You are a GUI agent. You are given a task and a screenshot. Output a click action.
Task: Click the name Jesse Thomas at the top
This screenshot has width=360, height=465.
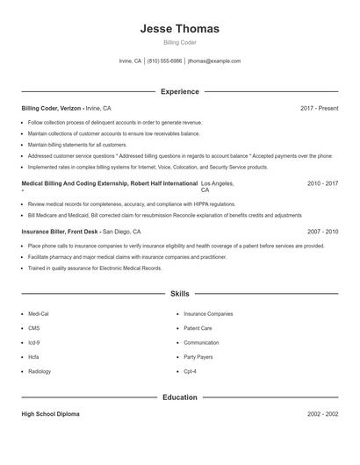179,29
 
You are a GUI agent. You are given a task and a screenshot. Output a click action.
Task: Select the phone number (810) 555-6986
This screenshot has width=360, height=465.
165,61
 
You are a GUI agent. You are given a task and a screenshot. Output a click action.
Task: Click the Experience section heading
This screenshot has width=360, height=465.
179,91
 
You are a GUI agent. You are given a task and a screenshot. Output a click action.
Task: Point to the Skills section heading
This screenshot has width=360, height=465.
179,294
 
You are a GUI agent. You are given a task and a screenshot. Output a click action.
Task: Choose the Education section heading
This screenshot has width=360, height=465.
179,397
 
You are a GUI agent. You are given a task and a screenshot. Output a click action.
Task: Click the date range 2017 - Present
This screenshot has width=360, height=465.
319,108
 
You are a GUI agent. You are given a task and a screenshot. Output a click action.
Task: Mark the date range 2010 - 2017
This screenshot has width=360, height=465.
322,183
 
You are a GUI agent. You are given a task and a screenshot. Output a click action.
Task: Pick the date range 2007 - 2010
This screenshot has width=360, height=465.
322,232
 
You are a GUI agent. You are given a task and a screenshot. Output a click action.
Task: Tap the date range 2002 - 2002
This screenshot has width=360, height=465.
322,413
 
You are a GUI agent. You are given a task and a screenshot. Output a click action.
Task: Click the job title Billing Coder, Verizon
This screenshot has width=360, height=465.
52,108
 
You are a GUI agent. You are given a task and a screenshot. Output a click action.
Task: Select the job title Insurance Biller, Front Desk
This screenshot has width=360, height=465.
60,232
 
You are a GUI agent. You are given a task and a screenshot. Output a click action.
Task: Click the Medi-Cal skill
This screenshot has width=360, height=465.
39,313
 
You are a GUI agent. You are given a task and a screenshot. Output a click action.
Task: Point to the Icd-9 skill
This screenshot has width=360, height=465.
34,342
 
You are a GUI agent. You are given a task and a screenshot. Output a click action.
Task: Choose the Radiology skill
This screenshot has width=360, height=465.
40,371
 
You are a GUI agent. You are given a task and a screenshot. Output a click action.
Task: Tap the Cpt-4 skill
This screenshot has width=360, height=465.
190,371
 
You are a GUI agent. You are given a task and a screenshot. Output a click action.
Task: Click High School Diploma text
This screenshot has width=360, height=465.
51,413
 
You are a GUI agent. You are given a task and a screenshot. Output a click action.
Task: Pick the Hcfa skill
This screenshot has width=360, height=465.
33,357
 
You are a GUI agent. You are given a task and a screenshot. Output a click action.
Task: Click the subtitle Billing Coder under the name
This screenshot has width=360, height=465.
179,42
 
